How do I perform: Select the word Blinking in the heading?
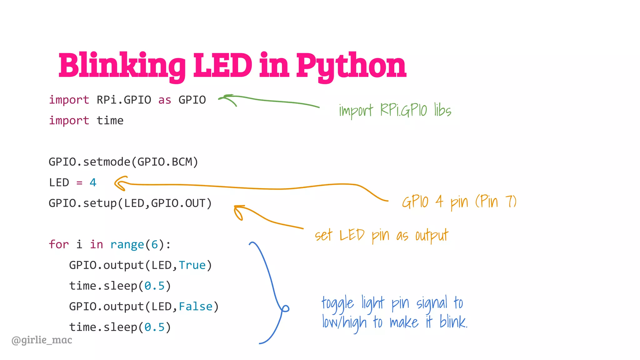[122, 66]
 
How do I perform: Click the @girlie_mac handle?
[42, 340]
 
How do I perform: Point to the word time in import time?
[110, 121]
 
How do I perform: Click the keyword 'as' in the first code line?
[165, 100]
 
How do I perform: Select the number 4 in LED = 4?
[93, 182]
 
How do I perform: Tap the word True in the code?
[192, 265]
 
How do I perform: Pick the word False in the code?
[196, 307]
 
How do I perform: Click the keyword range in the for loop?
[127, 244]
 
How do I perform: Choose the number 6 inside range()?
[154, 244]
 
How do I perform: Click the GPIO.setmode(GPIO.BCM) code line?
[123, 162]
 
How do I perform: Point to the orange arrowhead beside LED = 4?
[120, 183]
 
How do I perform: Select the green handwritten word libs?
[442, 110]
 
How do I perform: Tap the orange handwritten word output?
[432, 236]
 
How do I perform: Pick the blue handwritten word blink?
[453, 322]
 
